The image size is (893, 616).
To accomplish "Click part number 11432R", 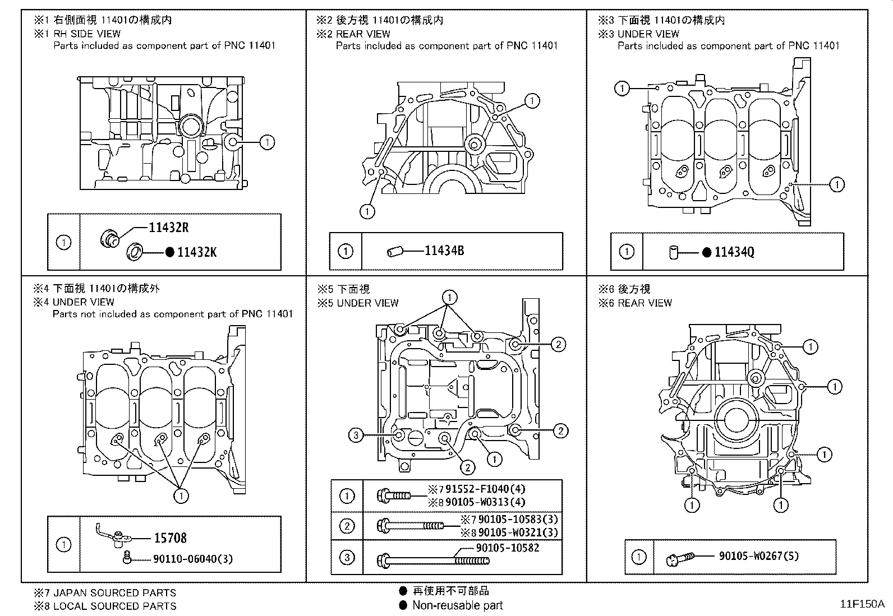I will click(168, 228).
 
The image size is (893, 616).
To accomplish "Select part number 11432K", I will click(196, 252).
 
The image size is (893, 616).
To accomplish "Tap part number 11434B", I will click(444, 251).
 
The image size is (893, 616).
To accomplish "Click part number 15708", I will click(170, 538).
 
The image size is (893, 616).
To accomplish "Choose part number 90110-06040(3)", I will click(192, 559).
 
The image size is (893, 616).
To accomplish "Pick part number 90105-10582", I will click(507, 548).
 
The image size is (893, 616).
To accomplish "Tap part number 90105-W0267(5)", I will click(758, 556).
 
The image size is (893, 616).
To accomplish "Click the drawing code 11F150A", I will click(862, 604).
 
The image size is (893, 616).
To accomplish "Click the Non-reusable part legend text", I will click(457, 605).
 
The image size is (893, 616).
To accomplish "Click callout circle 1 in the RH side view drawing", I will click(268, 142).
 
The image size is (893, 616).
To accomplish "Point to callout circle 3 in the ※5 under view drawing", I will click(356, 434).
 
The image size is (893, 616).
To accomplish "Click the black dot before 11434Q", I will click(707, 252).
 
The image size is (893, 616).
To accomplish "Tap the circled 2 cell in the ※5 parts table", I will click(347, 526).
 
